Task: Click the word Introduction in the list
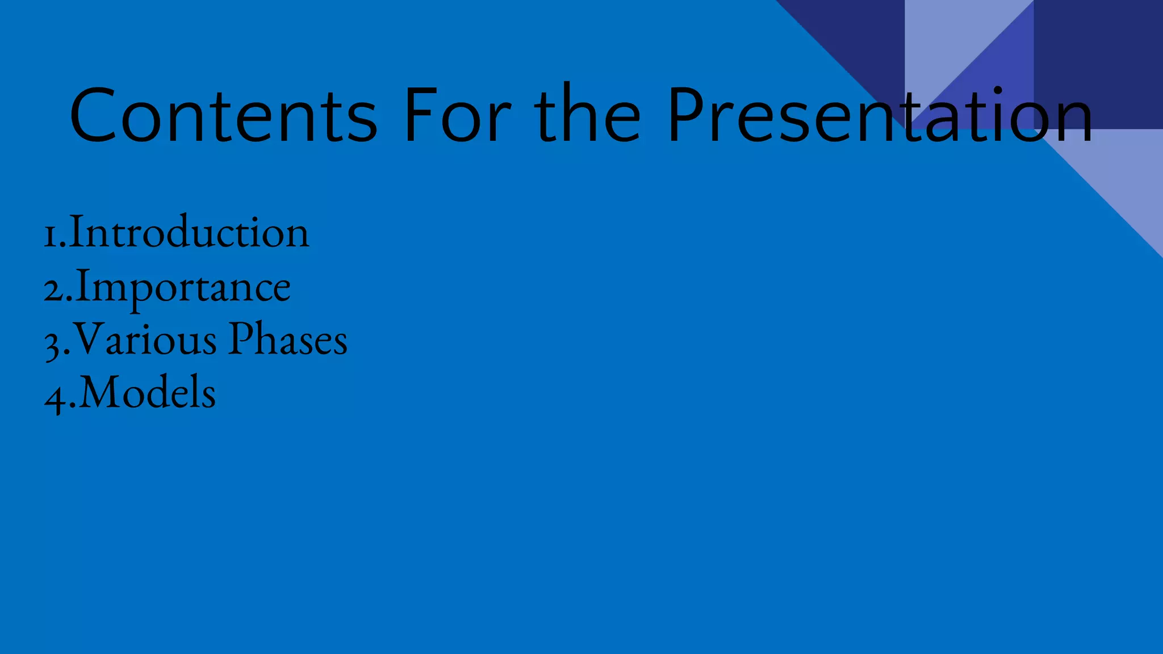tap(189, 233)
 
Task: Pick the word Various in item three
tap(145, 339)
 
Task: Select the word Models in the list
tap(148, 393)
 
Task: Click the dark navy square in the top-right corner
tap(1098, 62)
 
